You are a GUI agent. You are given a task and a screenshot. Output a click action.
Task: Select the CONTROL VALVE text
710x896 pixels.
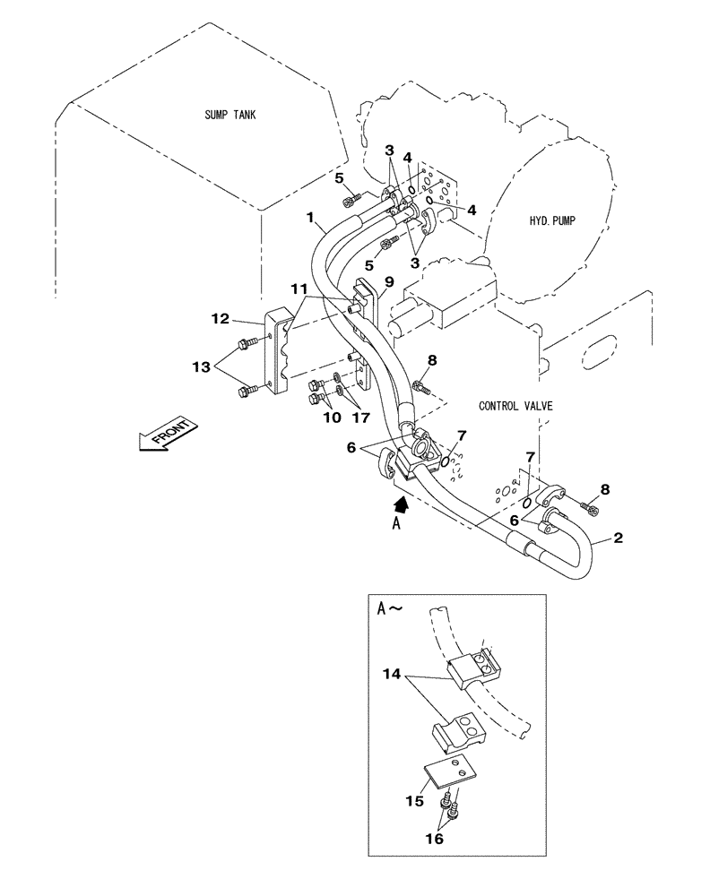click(516, 406)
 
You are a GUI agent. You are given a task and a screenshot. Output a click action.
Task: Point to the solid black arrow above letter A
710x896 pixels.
click(403, 506)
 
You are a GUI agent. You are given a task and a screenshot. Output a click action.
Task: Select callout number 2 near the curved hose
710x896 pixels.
click(618, 538)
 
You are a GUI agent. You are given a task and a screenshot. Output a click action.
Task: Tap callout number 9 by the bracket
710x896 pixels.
click(389, 280)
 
